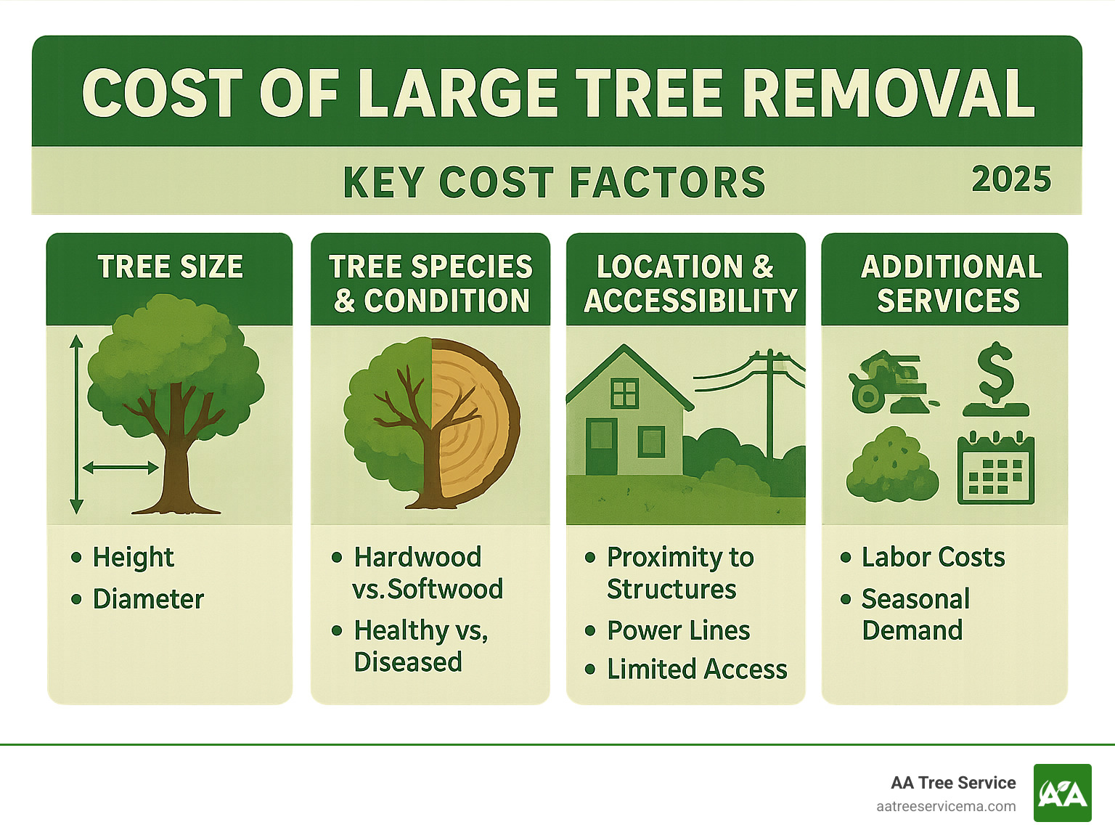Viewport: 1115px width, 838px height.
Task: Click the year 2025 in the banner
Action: tap(1011, 179)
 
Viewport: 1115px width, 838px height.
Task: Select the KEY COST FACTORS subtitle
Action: tap(555, 182)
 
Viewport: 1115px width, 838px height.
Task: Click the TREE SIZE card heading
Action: tap(171, 267)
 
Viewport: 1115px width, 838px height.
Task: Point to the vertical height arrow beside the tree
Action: tap(76, 425)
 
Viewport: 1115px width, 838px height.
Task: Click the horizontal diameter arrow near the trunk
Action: tap(121, 468)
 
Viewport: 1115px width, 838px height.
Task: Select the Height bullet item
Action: tap(133, 557)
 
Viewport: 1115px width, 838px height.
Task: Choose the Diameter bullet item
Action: tap(148, 599)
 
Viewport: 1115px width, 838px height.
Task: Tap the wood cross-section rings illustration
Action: tap(475, 421)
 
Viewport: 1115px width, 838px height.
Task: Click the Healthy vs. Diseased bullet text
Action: tap(420, 646)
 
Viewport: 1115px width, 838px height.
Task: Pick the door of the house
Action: tap(601, 446)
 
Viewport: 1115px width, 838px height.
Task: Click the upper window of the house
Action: tap(624, 394)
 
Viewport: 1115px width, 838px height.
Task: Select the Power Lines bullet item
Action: tap(678, 630)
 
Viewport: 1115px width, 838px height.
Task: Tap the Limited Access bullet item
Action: tap(697, 669)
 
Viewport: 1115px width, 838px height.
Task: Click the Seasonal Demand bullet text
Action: tap(915, 614)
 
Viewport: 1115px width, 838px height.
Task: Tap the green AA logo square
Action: tap(1062, 793)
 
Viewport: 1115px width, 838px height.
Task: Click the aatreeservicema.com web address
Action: tap(946, 806)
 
